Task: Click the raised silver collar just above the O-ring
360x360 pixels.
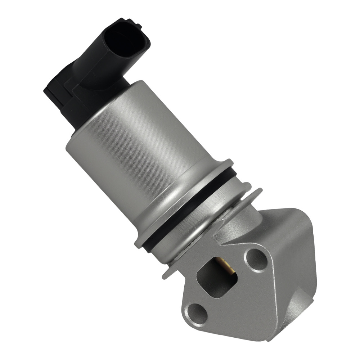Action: click(x=187, y=202)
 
